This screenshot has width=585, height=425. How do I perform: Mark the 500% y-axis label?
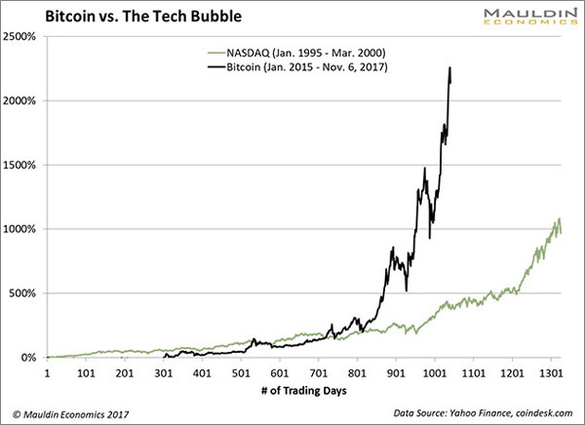tap(24, 293)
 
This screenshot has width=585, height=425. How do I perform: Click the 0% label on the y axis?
tap(29, 358)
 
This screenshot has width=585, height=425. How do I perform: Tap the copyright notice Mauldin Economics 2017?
tap(69, 413)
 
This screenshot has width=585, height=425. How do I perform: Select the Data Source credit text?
tap(485, 413)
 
